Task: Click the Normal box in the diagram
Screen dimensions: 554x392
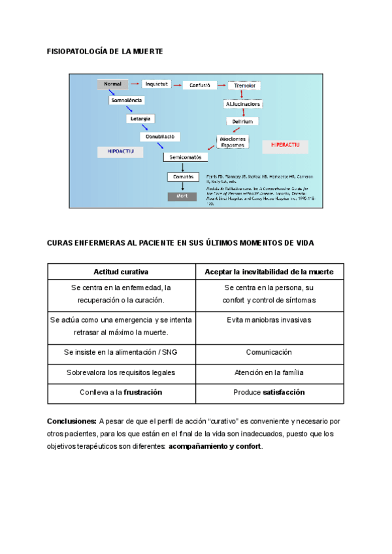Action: coord(112,84)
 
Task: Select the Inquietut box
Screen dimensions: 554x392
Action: coord(157,84)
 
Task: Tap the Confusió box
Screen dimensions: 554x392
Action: coord(199,85)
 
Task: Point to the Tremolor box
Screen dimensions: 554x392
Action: coord(245,86)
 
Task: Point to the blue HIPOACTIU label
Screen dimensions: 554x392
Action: coord(116,150)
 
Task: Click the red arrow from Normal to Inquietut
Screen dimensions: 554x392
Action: coord(135,84)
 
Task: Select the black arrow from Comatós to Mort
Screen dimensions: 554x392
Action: coord(182,186)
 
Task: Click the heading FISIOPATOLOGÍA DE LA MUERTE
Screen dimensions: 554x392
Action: coord(105,51)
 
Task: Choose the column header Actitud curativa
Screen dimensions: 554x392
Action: coord(122,271)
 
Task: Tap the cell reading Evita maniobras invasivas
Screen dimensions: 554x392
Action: coord(269,320)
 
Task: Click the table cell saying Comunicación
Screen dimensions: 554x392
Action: coord(269,352)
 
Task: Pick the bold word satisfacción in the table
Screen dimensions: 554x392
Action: coord(284,393)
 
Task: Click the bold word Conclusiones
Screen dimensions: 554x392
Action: coord(71,421)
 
